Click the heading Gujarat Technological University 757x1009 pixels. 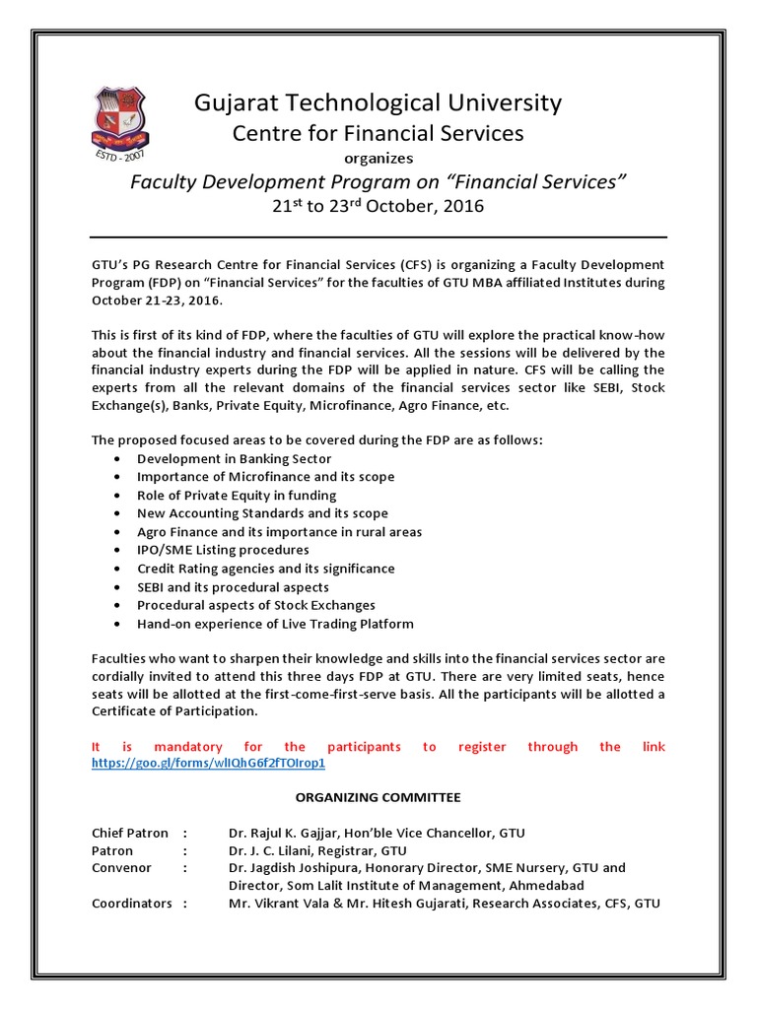[x=378, y=102]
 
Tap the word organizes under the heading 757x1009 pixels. [x=378, y=158]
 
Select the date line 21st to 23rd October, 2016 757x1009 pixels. [x=378, y=207]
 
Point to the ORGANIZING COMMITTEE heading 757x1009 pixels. [x=378, y=797]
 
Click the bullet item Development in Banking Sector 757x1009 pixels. [x=234, y=458]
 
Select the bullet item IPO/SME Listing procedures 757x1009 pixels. [x=223, y=550]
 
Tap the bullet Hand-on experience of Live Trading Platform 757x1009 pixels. [x=275, y=624]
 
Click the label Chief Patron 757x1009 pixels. [x=130, y=833]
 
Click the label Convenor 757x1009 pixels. [x=121, y=867]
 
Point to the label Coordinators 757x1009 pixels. [x=132, y=903]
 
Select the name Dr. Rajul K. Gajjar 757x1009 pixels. [x=287, y=833]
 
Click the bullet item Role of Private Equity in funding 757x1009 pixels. [x=237, y=495]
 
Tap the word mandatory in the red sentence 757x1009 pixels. [x=193, y=747]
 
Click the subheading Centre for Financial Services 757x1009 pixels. [x=378, y=132]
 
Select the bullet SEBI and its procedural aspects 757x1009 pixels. [x=233, y=587]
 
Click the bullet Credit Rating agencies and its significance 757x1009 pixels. [x=265, y=569]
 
